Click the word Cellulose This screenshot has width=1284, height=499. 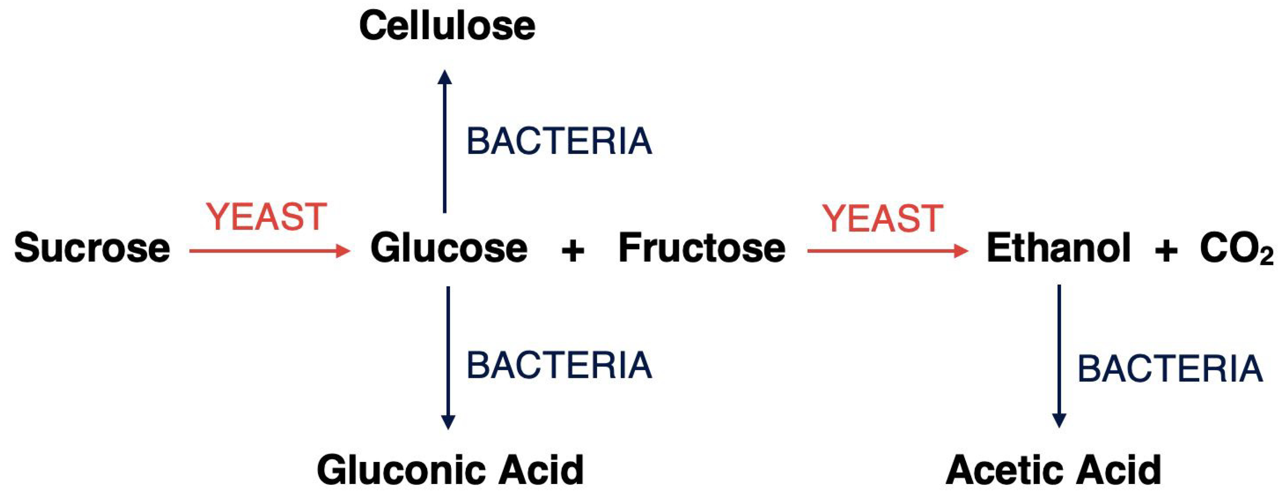pyautogui.click(x=447, y=26)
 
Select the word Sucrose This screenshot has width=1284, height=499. pyautogui.click(x=92, y=248)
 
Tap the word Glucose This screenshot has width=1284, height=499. pyautogui.click(x=448, y=248)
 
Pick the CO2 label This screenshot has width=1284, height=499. pyautogui.click(x=1236, y=249)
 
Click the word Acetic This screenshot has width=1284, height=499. pyautogui.click(x=1002, y=470)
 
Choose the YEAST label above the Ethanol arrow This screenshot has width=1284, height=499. pyautogui.click(x=882, y=218)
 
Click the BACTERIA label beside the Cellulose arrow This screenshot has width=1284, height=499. pyautogui.click(x=559, y=142)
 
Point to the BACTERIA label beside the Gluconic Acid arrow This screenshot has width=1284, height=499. pyautogui.click(x=559, y=365)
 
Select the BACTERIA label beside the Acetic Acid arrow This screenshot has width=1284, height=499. pyautogui.click(x=1170, y=369)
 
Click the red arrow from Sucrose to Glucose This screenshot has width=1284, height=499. pyautogui.click(x=269, y=251)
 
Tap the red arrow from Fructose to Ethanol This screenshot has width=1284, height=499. pyautogui.click(x=887, y=251)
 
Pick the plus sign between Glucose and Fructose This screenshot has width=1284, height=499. pyautogui.click(x=573, y=251)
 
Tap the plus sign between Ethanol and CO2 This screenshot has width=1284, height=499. pyautogui.click(x=1166, y=251)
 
